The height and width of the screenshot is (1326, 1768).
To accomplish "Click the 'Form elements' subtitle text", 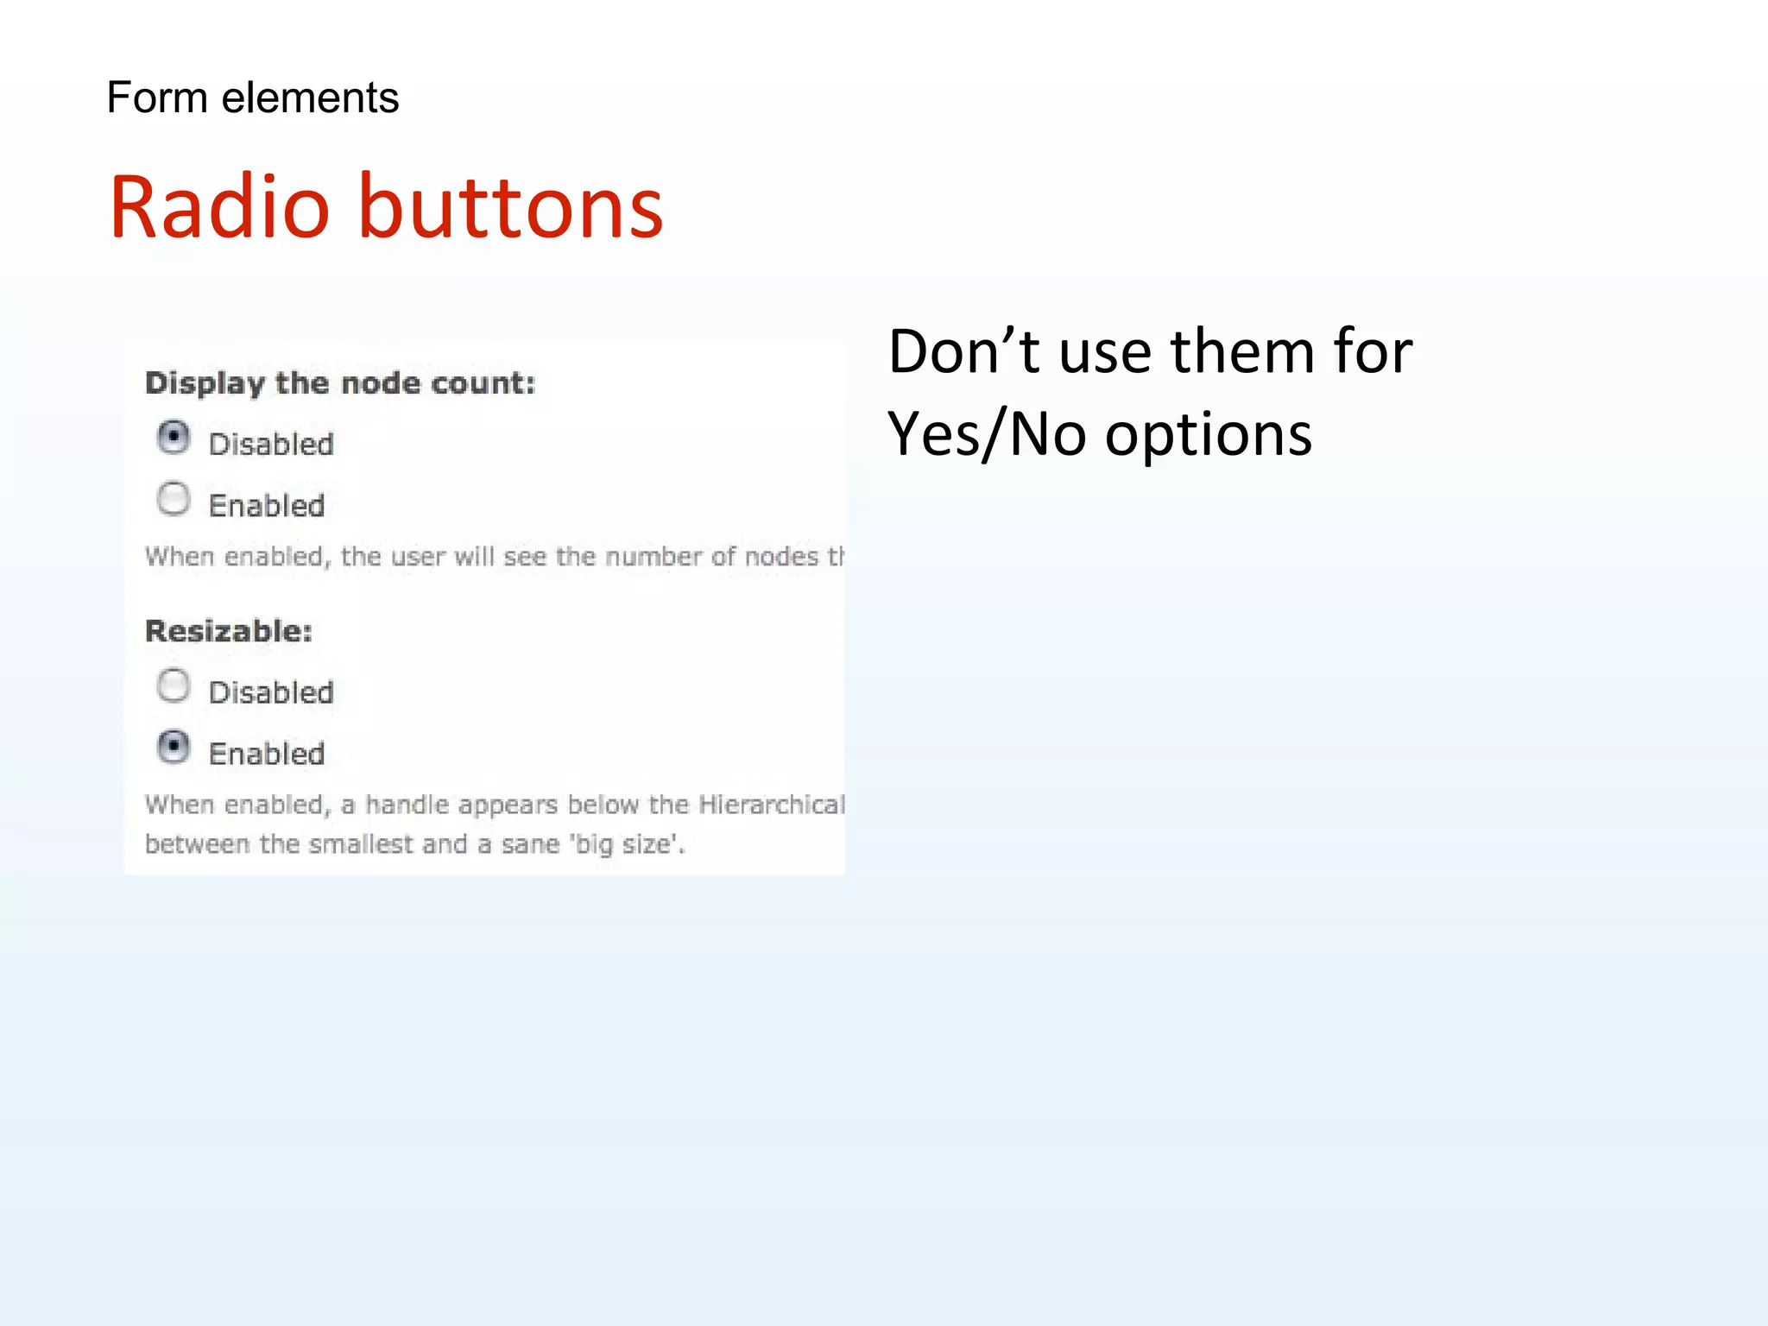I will pos(252,98).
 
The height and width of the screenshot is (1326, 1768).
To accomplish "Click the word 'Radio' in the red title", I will pos(219,207).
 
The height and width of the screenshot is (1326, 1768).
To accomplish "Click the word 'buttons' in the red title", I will pos(510,207).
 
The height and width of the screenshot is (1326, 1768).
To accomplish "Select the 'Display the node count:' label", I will pos(340,382).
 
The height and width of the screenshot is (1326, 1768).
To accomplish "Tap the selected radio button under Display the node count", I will pos(174,438).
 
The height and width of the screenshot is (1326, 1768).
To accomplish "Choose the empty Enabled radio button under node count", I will pos(174,499).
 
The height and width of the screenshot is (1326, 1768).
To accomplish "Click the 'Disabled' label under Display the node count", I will pos(271,444).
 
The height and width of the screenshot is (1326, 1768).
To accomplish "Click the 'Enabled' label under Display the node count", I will pos(267,505).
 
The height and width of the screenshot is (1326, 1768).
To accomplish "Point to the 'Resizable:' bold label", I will pos(229,631).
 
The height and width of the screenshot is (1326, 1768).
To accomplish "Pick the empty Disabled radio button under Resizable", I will pos(174,685).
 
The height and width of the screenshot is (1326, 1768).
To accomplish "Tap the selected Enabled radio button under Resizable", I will pos(174,747).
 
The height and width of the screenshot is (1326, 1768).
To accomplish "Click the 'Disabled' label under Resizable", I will pos(271,692).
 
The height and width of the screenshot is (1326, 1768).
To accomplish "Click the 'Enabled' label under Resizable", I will pos(267,754).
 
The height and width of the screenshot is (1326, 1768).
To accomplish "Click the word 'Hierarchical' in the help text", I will pos(771,805).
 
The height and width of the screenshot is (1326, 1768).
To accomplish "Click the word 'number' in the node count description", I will pos(654,557).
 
